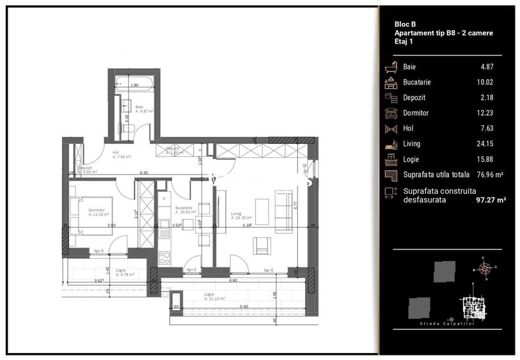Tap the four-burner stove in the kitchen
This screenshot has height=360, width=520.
tap(164, 257)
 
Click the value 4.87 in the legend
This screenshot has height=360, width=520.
tap(487, 67)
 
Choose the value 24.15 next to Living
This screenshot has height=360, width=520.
tap(485, 144)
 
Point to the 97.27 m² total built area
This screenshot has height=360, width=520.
tap(491, 200)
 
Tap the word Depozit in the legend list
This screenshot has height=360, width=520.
tap(414, 97)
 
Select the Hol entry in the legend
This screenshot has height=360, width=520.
tap(408, 128)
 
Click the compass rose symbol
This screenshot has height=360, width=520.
tap(485, 268)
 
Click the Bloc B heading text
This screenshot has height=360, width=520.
tap(406, 24)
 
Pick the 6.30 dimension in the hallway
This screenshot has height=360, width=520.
tap(145, 173)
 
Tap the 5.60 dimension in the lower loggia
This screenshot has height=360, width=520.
tap(243, 307)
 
